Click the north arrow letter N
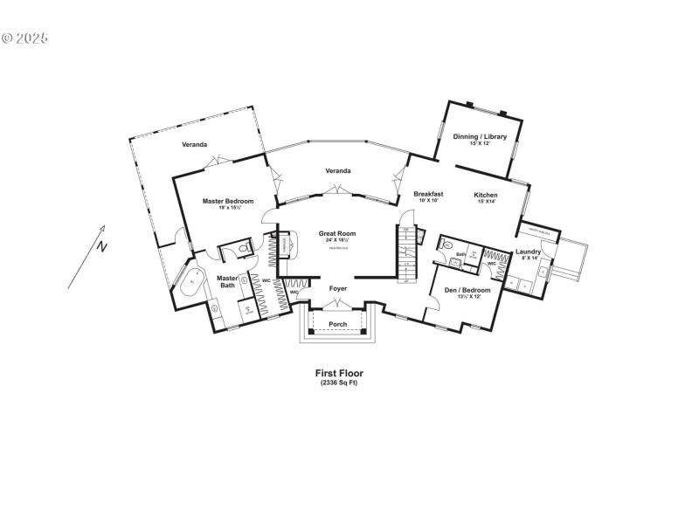(102, 246)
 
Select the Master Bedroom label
(228, 201)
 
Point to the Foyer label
(337, 288)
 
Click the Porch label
(337, 325)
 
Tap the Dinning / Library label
(480, 136)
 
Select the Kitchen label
(486, 195)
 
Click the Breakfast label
(428, 194)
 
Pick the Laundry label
(528, 252)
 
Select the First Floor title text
(339, 373)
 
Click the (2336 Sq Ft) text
(339, 383)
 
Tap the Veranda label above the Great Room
(337, 170)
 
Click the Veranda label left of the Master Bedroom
(194, 144)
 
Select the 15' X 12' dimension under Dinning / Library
(480, 143)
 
